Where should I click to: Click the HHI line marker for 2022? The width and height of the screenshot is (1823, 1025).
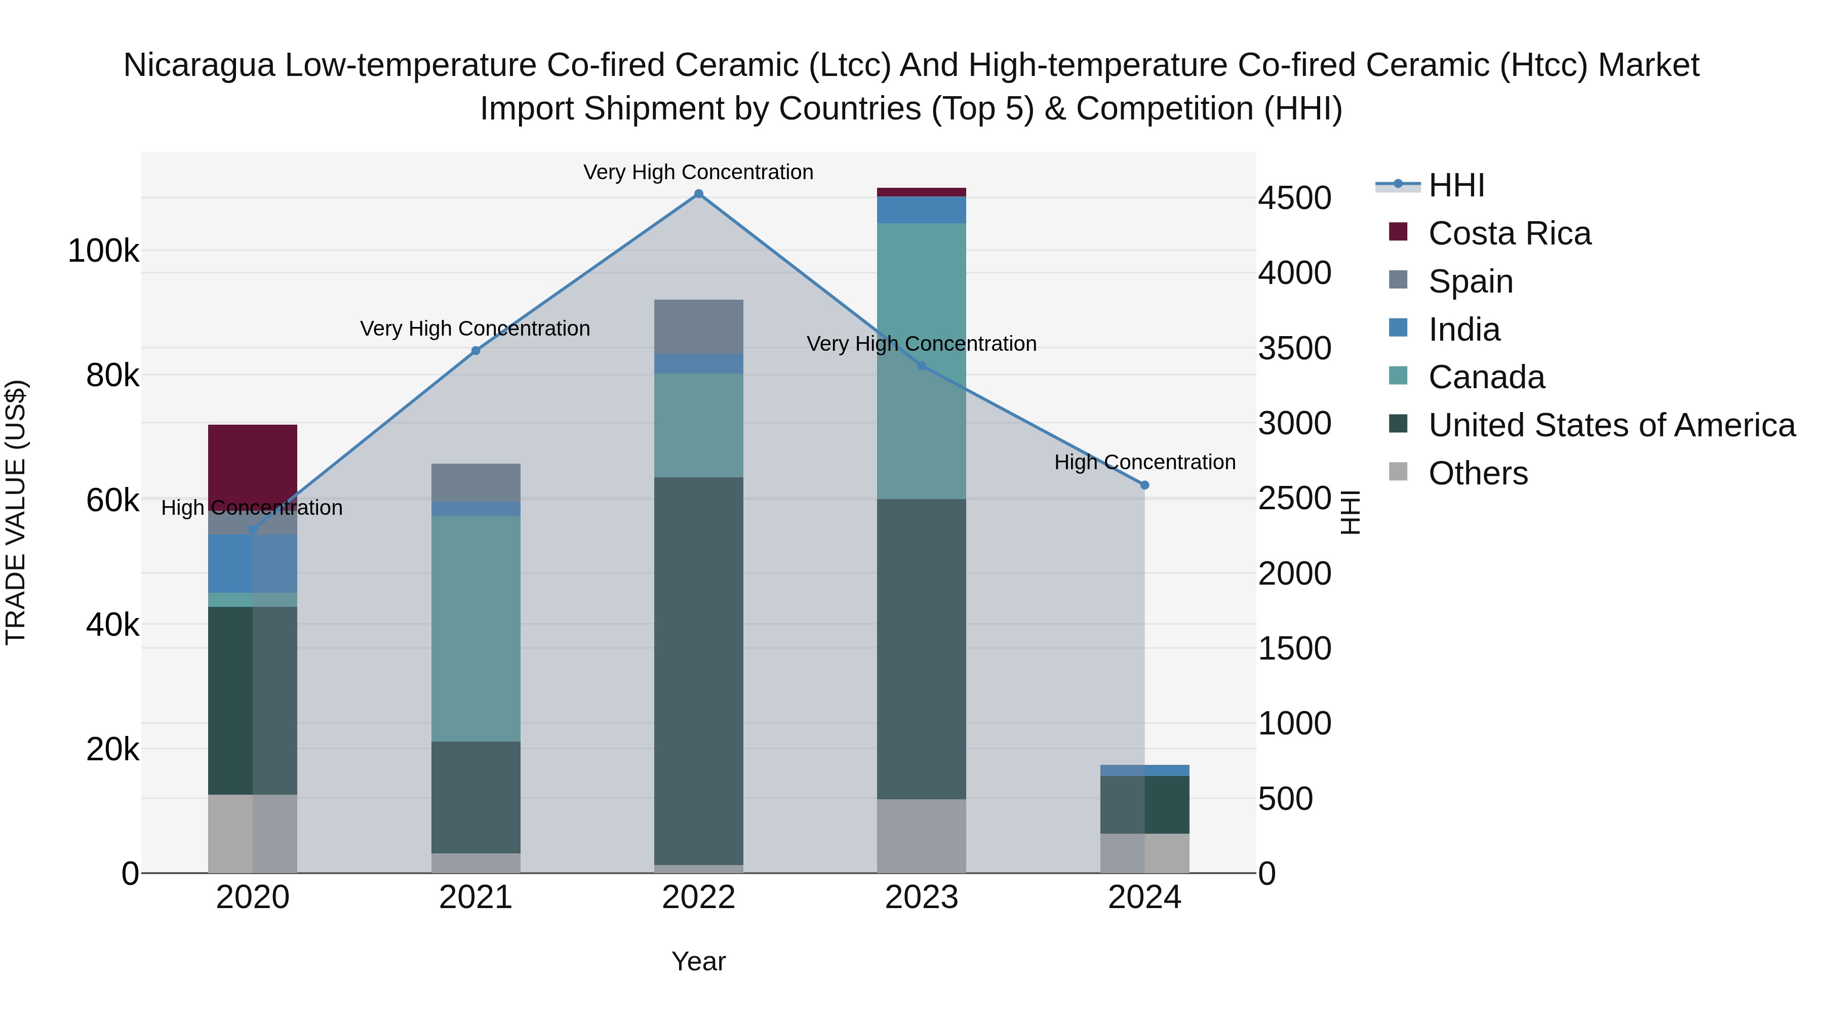coord(698,194)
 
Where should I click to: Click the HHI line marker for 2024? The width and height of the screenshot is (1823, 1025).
coord(1144,485)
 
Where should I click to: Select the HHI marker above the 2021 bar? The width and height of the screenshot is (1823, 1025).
coord(475,351)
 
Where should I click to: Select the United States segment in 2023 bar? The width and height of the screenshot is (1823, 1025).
coord(922,649)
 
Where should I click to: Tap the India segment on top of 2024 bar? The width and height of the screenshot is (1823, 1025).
coord(1144,770)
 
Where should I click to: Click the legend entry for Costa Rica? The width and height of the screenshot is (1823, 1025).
coord(1509,233)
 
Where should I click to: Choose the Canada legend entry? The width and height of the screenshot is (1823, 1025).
coord(1486,377)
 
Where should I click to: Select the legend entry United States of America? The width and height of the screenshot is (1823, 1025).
coord(1611,425)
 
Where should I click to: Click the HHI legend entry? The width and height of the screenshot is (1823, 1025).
coord(1456,185)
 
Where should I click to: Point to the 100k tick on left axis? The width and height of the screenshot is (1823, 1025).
coord(103,251)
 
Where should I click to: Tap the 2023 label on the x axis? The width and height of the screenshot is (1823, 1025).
coord(922,897)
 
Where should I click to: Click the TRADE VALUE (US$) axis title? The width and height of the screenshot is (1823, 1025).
coord(16,512)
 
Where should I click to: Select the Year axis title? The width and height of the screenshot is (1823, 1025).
coord(698,961)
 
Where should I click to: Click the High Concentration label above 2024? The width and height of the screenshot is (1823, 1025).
coord(1144,462)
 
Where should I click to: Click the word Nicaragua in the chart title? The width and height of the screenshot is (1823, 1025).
coord(199,65)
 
